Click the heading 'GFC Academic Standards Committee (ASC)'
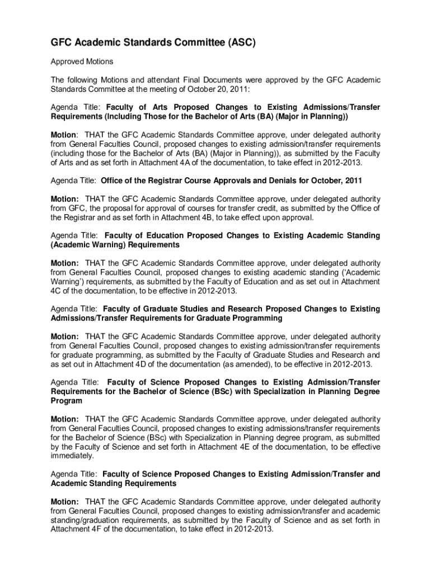tap(153, 43)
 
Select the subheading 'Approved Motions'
tap(82, 61)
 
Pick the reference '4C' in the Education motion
tap(59, 291)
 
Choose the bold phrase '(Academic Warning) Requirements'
tap(115, 245)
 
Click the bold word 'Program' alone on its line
tap(67, 401)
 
